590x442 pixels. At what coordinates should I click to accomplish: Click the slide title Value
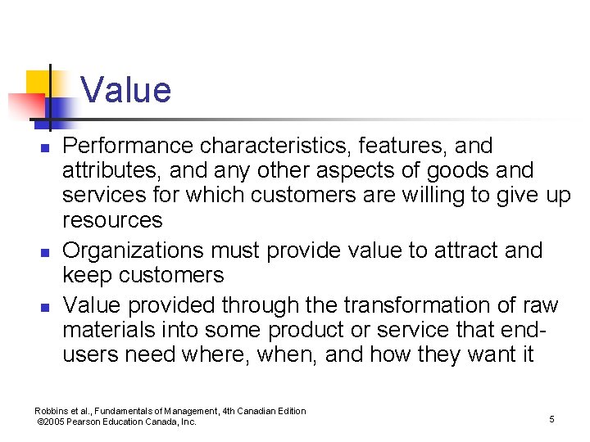(126, 90)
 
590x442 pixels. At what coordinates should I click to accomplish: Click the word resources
(112, 220)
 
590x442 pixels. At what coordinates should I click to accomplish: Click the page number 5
(551, 419)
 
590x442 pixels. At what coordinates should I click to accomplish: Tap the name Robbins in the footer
(50, 411)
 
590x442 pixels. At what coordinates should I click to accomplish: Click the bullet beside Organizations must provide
(46, 250)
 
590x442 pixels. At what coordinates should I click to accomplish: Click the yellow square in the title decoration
(39, 83)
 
